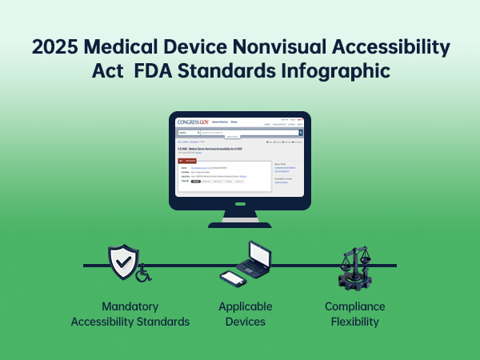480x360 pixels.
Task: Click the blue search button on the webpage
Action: point(300,132)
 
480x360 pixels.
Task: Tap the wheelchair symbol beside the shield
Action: point(142,275)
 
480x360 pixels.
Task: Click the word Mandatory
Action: point(130,306)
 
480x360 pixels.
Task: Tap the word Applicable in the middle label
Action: point(246,306)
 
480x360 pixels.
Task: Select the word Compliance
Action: point(354,306)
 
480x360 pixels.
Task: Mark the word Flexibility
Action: point(354,322)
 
